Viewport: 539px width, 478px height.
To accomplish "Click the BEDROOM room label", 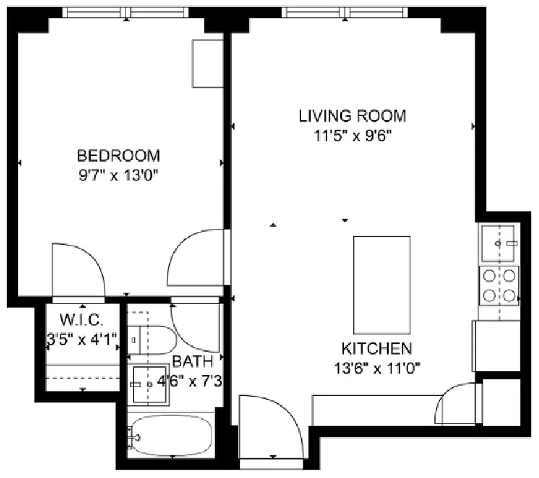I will click(118, 156).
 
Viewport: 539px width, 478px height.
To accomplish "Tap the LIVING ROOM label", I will click(352, 115).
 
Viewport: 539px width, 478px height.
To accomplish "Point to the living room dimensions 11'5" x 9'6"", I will click(352, 135).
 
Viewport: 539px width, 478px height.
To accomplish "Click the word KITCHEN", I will click(376, 348).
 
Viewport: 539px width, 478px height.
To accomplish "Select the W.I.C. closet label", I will click(82, 317).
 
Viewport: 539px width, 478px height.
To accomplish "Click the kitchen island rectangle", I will click(381, 285).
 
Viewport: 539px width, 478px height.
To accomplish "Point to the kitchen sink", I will click(499, 243).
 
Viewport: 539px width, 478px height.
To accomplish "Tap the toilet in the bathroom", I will click(152, 340).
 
